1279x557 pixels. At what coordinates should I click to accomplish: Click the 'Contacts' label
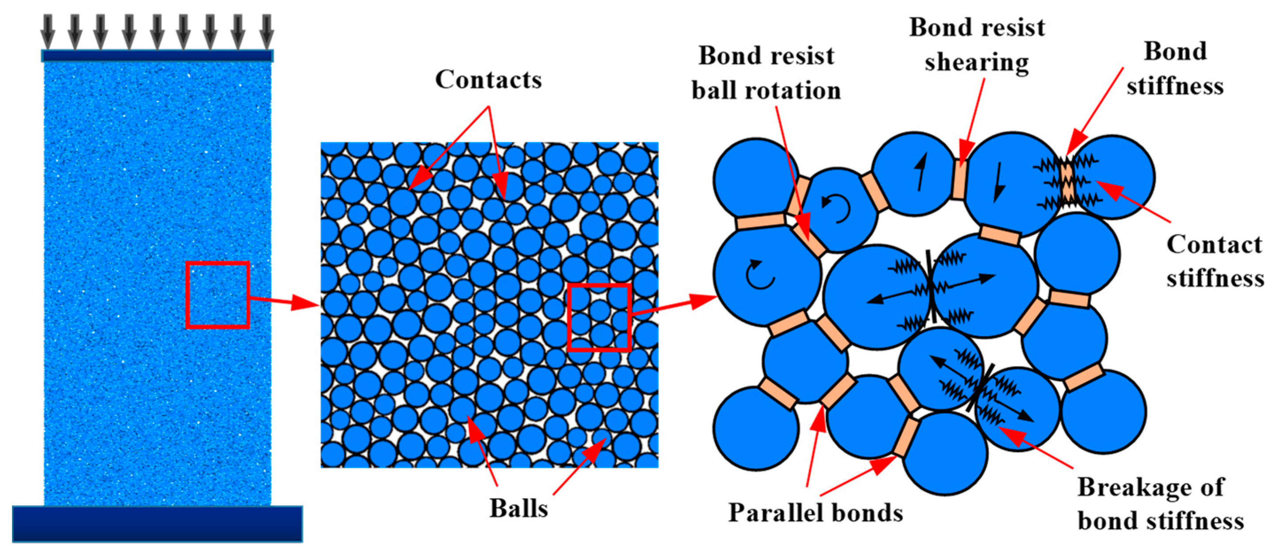pyautogui.click(x=488, y=79)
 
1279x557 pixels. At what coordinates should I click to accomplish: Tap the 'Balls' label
pyautogui.click(x=518, y=508)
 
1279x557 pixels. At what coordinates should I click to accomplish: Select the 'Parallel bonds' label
pyautogui.click(x=815, y=512)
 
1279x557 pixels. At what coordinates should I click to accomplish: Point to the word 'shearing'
pyautogui.click(x=976, y=63)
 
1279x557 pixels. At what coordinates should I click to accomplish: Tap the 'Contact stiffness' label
pyautogui.click(x=1214, y=261)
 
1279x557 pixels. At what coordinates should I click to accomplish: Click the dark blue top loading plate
pyautogui.click(x=157, y=56)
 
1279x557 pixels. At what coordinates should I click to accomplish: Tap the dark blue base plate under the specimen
pyautogui.click(x=157, y=523)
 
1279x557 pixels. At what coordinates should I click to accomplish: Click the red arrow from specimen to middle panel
pyautogui.click(x=283, y=301)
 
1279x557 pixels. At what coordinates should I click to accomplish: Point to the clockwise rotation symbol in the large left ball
pyautogui.click(x=760, y=275)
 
